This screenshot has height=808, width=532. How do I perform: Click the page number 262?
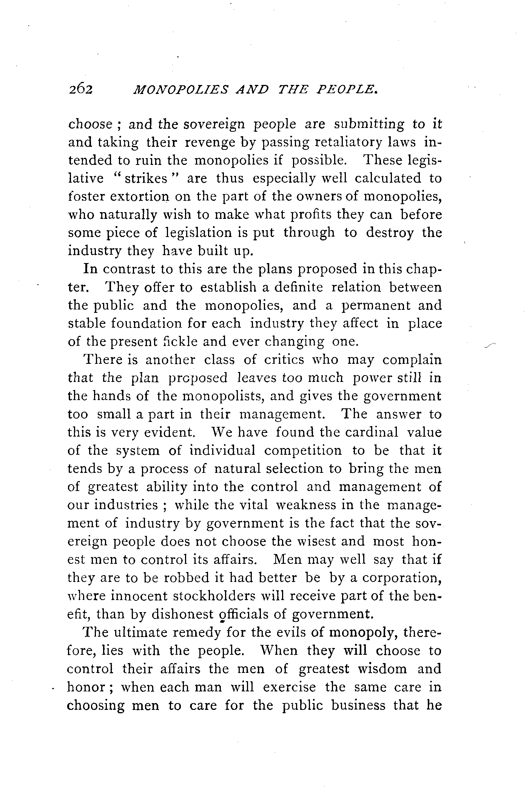pyautogui.click(x=80, y=89)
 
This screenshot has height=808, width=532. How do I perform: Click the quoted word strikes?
pyautogui.click(x=146, y=178)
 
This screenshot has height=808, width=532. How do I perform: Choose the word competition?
pyautogui.click(x=303, y=451)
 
